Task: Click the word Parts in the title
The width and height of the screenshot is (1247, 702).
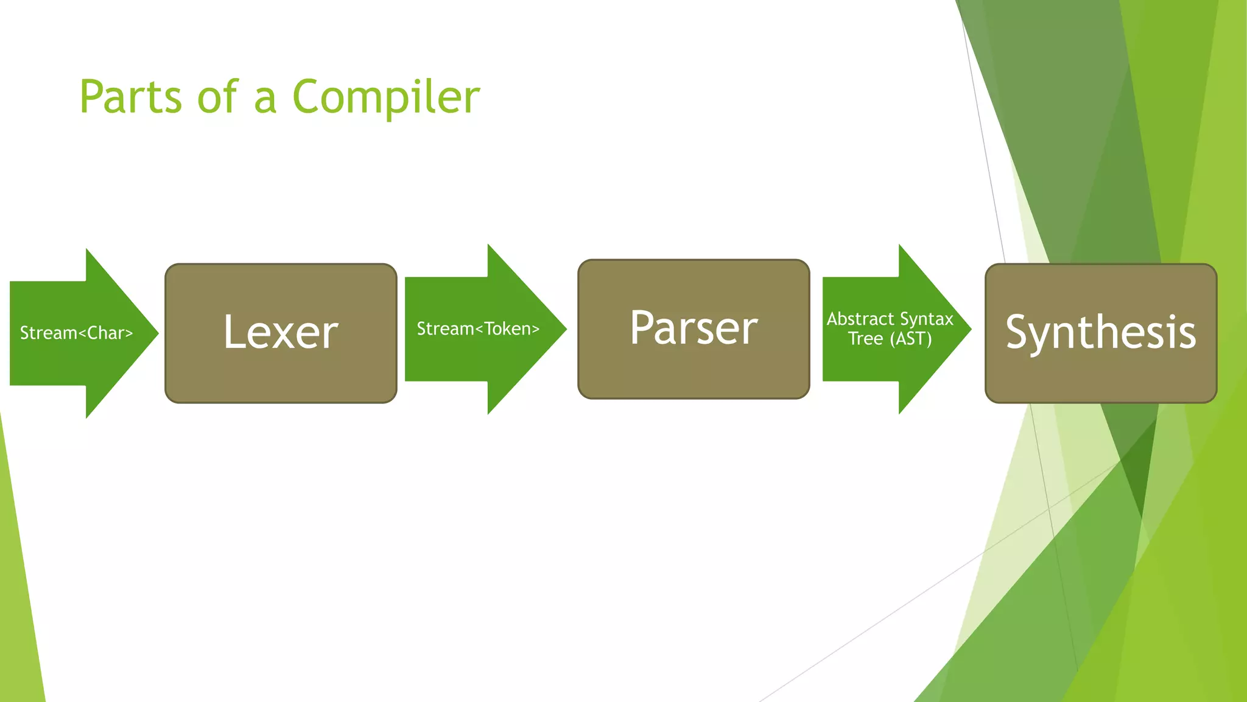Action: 130,97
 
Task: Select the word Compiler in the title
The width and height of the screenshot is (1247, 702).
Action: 386,97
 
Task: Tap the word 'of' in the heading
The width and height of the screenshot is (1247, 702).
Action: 217,97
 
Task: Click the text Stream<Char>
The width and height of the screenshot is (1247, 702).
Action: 76,333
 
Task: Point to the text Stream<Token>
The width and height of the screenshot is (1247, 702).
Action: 478,329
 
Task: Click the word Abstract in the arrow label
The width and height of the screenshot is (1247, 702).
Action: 860,319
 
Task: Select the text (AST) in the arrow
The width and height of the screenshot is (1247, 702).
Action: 911,339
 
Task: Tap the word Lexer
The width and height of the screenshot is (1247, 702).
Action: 281,332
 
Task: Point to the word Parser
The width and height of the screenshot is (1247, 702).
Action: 694,328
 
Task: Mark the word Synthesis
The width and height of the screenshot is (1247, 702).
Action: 1101,332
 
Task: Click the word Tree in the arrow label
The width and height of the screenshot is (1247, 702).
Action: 865,339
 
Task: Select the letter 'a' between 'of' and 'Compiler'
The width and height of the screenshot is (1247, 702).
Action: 265,101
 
